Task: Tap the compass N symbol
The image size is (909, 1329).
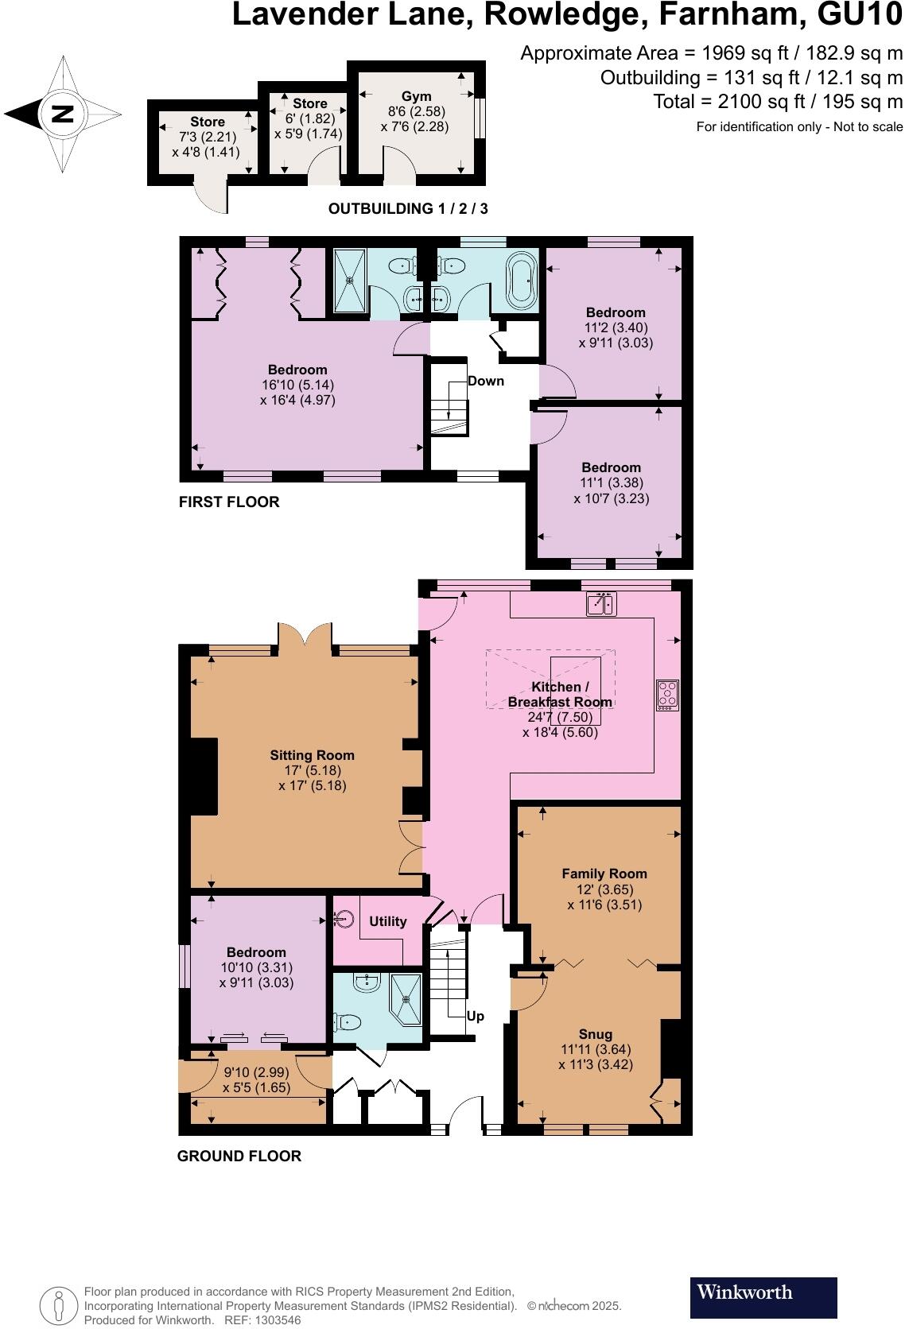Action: pyautogui.click(x=62, y=114)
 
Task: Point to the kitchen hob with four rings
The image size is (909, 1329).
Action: pyautogui.click(x=667, y=695)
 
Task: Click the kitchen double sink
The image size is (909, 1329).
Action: pyautogui.click(x=600, y=605)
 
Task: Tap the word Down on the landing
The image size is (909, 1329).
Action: pyautogui.click(x=485, y=381)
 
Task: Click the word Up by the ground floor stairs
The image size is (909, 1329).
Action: pyautogui.click(x=475, y=1016)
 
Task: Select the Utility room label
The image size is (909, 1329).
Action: pyautogui.click(x=388, y=921)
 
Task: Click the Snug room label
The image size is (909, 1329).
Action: pyautogui.click(x=596, y=1034)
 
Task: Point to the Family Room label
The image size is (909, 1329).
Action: pyautogui.click(x=604, y=874)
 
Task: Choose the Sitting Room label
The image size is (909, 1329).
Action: pyautogui.click(x=312, y=755)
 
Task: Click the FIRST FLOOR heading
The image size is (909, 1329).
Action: pyautogui.click(x=229, y=502)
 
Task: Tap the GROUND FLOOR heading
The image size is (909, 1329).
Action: pyautogui.click(x=239, y=1156)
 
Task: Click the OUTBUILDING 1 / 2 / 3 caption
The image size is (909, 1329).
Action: pyautogui.click(x=408, y=209)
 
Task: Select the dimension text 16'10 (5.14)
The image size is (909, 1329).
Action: pyautogui.click(x=297, y=385)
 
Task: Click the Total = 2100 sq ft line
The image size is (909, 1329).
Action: pyautogui.click(x=777, y=102)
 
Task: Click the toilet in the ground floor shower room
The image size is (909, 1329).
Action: pyautogui.click(x=349, y=1021)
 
